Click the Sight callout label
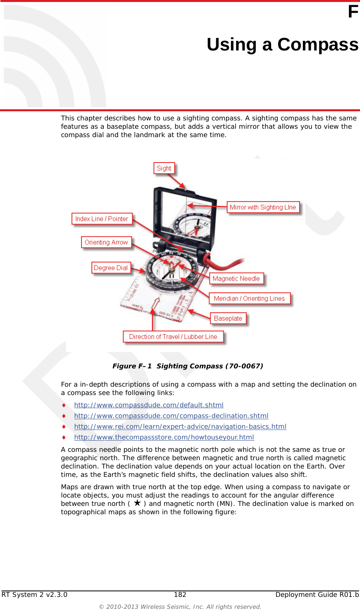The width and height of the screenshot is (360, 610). coord(164,168)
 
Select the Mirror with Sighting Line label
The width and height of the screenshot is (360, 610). coord(263,207)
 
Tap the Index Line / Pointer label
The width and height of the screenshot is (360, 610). coord(102,219)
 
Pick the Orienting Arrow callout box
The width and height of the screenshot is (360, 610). coord(106,242)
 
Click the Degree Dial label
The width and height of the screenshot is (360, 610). coord(110,267)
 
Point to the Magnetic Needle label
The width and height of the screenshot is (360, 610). coord(236,278)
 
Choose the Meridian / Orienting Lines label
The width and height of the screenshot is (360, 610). coord(249,298)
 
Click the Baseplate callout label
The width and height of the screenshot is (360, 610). coord(228,318)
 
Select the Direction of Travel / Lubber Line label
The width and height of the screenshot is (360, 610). coord(173,336)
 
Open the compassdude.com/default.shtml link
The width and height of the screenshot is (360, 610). coord(149,405)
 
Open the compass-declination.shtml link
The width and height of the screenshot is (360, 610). coord(171,415)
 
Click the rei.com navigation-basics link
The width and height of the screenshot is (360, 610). coord(180,426)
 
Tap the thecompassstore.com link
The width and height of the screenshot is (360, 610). coord(164,437)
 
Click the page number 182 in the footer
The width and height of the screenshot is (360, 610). coord(180,594)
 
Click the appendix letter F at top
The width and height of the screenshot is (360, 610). coord(353,12)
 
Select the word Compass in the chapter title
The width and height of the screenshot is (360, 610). coord(317,44)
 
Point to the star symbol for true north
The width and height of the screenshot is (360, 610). coord(137,503)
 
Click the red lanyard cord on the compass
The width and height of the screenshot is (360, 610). coord(225,263)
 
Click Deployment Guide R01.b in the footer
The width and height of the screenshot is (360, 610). coord(317,594)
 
